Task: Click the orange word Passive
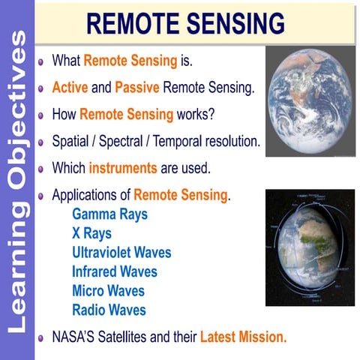(136, 88)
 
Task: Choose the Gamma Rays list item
(109, 214)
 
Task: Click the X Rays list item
(91, 233)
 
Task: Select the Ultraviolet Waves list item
(121, 252)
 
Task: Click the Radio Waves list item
(109, 310)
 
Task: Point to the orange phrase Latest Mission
(243, 337)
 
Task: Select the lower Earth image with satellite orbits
(310, 247)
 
